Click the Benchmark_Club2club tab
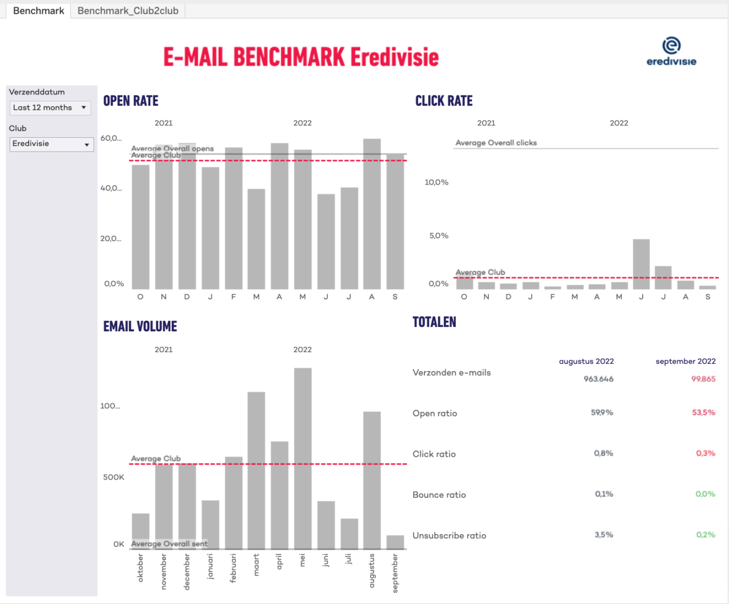(128, 11)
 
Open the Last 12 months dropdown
(50, 108)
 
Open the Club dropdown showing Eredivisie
(51, 144)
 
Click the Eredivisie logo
(671, 52)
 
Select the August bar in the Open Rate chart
(372, 213)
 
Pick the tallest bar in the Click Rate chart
(641, 264)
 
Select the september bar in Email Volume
(395, 542)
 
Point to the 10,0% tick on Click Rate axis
(436, 182)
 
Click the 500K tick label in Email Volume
(114, 477)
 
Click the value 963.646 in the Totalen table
(598, 379)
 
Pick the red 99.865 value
(703, 379)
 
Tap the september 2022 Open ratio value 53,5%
(703, 412)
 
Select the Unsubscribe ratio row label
(449, 536)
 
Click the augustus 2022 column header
(586, 361)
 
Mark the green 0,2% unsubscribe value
(705, 535)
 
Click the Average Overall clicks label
(496, 143)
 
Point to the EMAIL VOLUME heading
(140, 327)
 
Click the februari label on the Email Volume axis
(233, 568)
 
